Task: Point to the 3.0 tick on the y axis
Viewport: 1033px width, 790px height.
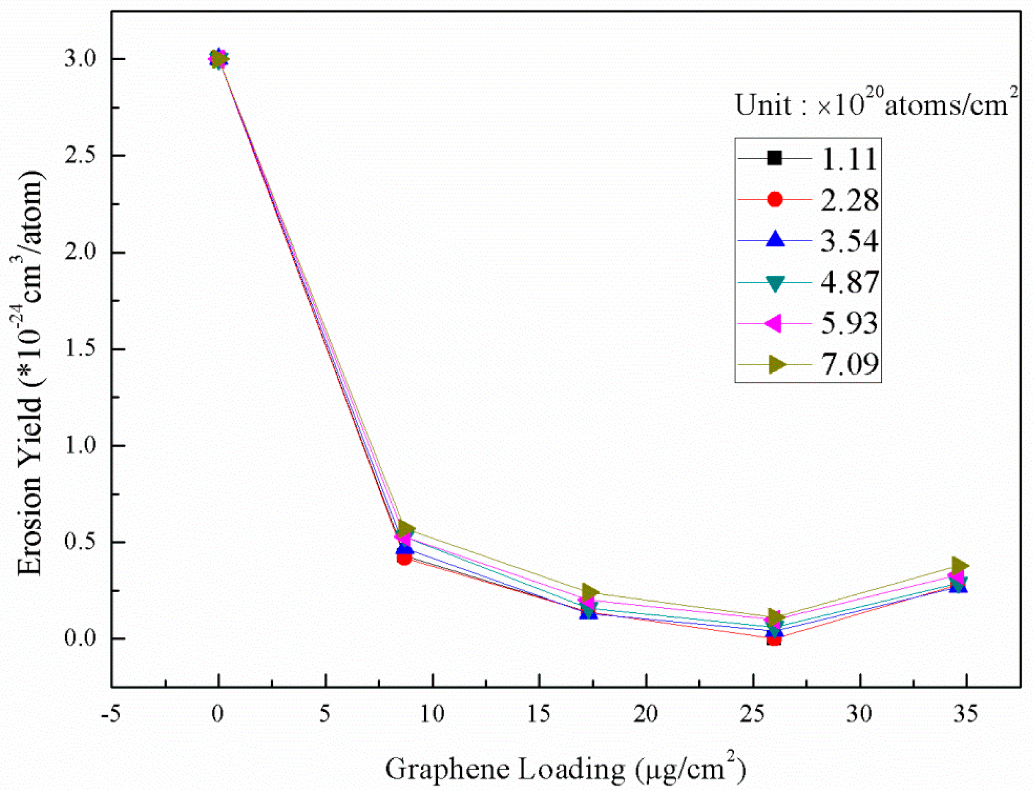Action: (x=80, y=60)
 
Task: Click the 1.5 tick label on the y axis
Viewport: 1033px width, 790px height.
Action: (x=80, y=349)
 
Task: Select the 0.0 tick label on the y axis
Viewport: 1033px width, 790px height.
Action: (x=80, y=639)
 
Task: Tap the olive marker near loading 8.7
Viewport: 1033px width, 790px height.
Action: (x=406, y=528)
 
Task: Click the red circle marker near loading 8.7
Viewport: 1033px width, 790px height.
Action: (x=404, y=558)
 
